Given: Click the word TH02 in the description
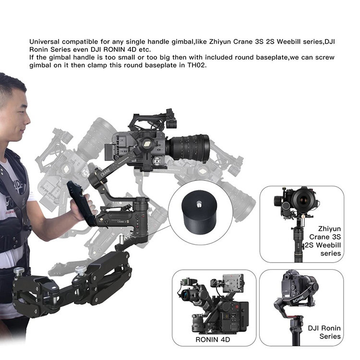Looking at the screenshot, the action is (196, 65).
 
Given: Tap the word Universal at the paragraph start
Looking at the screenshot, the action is (44, 42).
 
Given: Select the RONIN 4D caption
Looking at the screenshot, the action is (213, 339).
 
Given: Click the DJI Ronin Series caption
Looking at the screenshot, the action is (324, 332).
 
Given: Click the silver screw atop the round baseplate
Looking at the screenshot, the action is (199, 203).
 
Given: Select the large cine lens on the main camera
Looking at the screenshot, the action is (188, 148).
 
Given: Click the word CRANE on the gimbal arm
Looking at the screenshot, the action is (106, 172).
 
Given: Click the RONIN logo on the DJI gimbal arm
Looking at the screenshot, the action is (298, 299).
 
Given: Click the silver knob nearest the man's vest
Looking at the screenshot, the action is (19, 271).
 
